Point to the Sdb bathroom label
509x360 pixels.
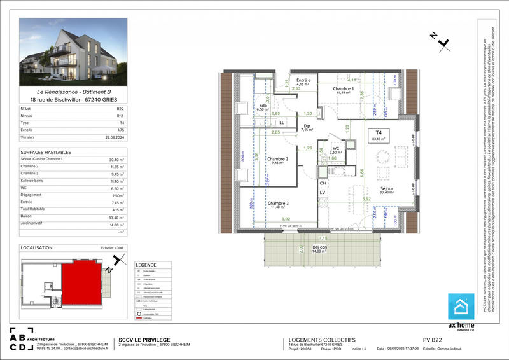pyautogui.click(x=262, y=106)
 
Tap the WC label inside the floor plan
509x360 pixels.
pyautogui.click(x=335, y=149)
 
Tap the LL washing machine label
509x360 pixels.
pyautogui.click(x=281, y=122)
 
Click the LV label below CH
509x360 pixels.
pyautogui.click(x=323, y=192)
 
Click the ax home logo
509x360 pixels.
pyautogui.click(x=461, y=312)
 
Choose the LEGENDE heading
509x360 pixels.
pyautogui.click(x=145, y=265)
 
